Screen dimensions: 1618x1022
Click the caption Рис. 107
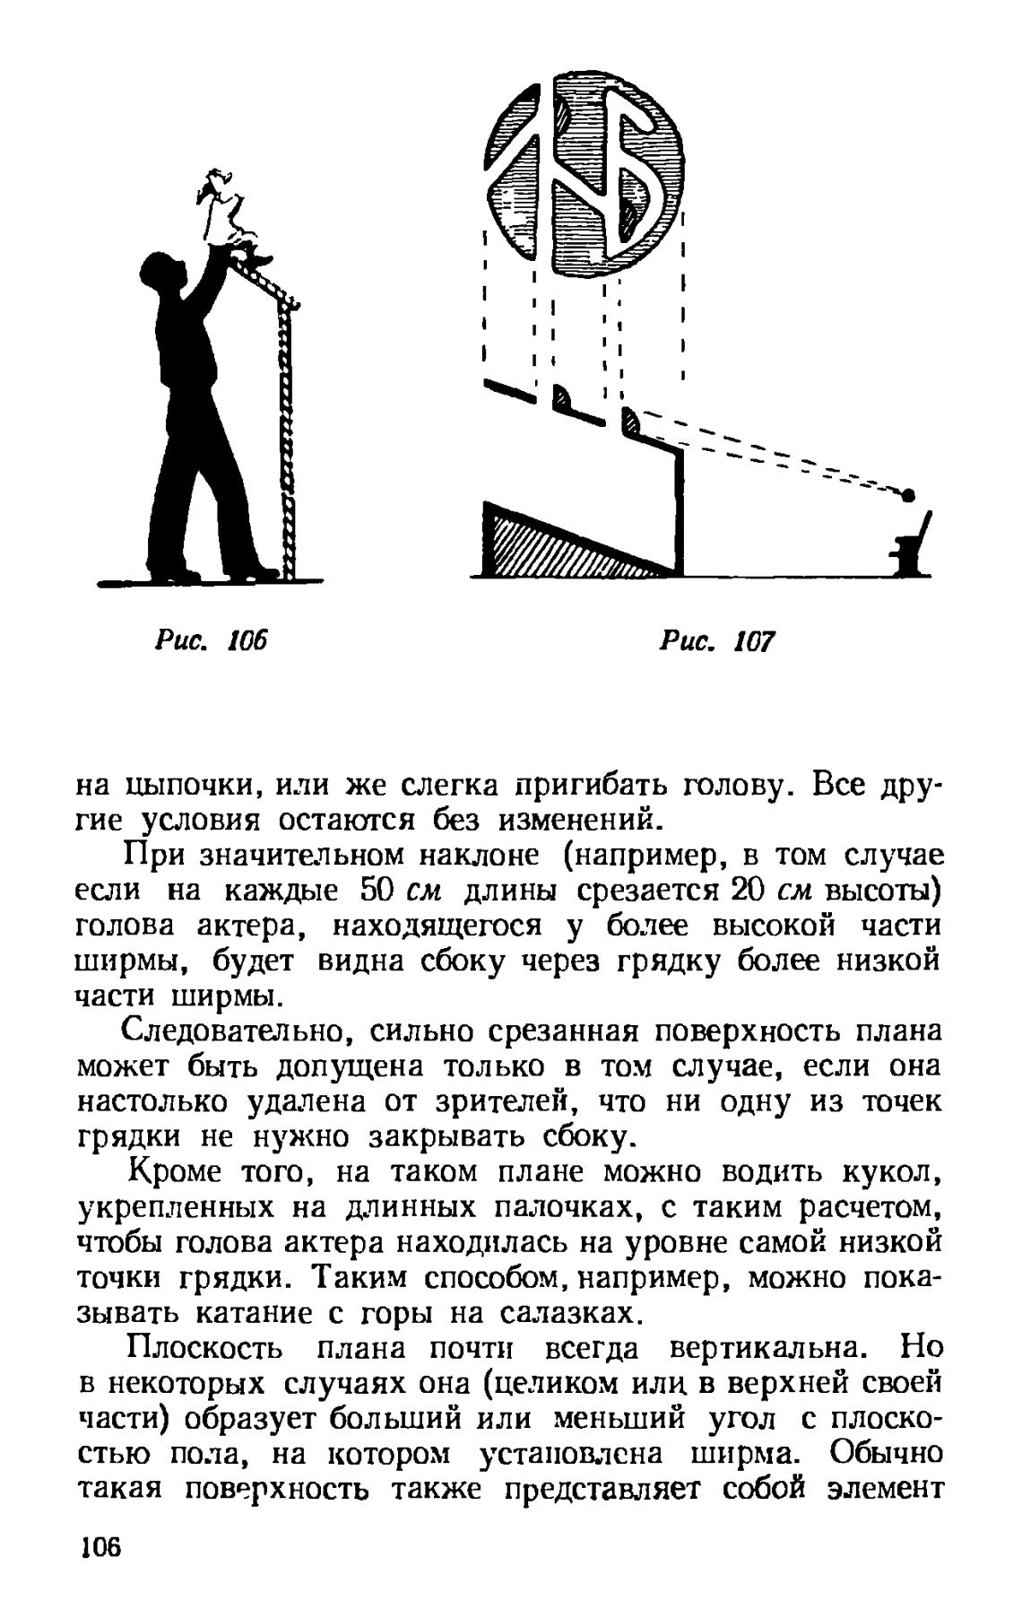[x=716, y=640]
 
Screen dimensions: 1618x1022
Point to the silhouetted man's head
[x=162, y=273]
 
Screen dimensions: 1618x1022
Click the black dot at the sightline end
[x=907, y=495]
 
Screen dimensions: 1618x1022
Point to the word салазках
[x=570, y=1314]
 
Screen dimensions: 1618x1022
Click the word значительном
[x=295, y=856]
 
